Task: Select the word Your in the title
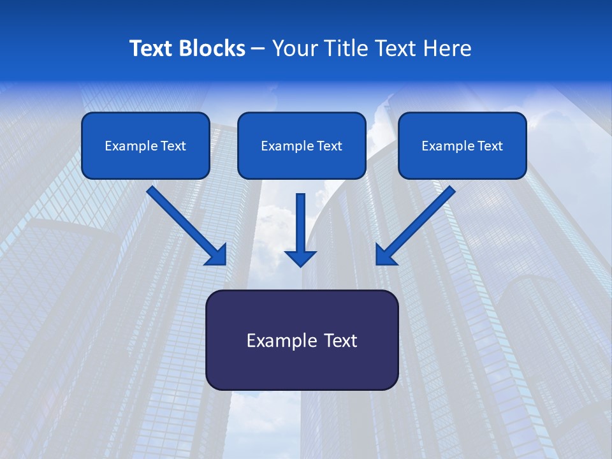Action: point(292,48)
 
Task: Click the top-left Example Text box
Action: point(145,146)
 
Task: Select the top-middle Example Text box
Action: point(302,146)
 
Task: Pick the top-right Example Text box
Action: point(462,146)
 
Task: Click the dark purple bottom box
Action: point(302,340)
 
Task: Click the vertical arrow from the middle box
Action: point(301,223)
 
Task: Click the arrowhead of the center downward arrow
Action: point(301,258)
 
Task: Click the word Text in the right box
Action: point(490,146)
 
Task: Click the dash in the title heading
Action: point(258,48)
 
